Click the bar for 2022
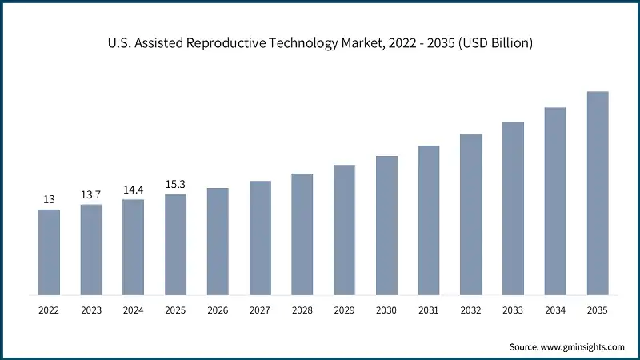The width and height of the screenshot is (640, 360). click(x=49, y=251)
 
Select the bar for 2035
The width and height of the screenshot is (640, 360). click(x=598, y=192)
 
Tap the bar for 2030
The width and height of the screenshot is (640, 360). click(x=386, y=224)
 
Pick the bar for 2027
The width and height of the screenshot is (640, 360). click(x=260, y=237)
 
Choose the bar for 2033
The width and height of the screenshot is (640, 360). click(x=513, y=207)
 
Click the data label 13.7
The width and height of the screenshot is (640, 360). click(x=91, y=195)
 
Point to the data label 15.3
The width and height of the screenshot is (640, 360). click(x=175, y=184)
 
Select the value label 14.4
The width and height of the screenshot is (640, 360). click(x=133, y=190)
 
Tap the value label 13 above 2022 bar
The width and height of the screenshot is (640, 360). click(x=49, y=200)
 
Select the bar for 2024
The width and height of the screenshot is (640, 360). click(x=133, y=246)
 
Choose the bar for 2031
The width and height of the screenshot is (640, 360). click(x=429, y=219)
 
